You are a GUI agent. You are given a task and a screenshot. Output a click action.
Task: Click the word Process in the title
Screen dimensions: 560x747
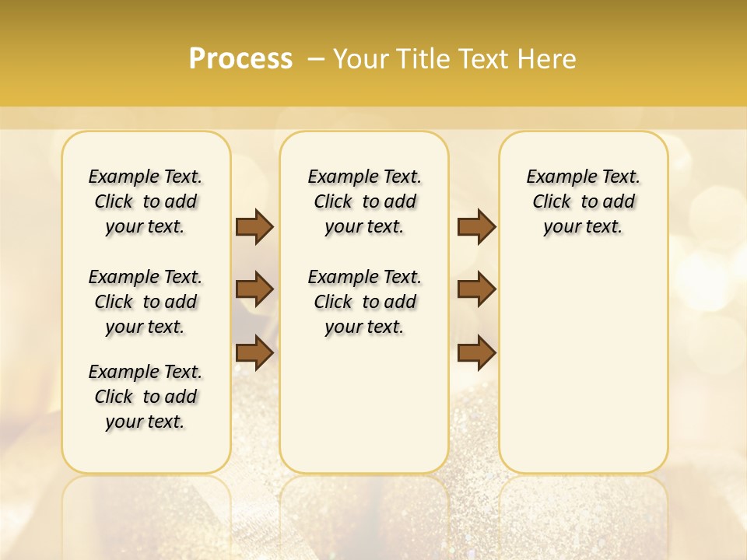click(240, 59)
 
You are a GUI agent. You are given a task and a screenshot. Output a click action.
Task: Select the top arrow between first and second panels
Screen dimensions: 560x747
click(254, 226)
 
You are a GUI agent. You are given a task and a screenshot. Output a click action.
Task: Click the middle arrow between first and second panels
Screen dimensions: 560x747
click(254, 289)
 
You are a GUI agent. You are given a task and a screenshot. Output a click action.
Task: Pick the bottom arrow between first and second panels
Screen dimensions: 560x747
click(254, 352)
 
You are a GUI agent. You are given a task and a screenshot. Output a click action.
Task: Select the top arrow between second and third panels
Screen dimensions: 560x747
click(476, 226)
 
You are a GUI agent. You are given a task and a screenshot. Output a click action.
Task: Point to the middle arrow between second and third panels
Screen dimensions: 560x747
click(476, 289)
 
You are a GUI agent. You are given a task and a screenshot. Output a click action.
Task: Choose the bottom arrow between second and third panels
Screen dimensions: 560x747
click(476, 352)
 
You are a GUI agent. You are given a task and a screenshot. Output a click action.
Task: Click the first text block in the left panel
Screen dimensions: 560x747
click(146, 201)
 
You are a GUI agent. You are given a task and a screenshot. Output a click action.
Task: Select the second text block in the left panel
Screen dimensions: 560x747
click(146, 302)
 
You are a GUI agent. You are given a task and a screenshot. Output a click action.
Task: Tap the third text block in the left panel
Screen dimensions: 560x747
click(146, 397)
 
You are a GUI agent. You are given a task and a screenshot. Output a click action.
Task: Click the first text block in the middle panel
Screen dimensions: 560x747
click(364, 201)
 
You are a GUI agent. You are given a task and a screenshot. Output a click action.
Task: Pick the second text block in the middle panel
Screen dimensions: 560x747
click(364, 302)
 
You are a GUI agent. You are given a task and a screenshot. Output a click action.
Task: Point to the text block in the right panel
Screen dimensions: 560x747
click(583, 201)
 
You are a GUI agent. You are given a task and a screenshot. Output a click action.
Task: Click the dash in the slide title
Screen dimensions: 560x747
click(315, 59)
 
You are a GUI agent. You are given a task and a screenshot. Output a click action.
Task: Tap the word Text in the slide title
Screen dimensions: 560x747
click(487, 59)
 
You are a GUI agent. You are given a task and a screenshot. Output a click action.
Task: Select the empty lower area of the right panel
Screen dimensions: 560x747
click(583, 366)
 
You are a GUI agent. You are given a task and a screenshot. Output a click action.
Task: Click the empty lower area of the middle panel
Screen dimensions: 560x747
click(364, 404)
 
